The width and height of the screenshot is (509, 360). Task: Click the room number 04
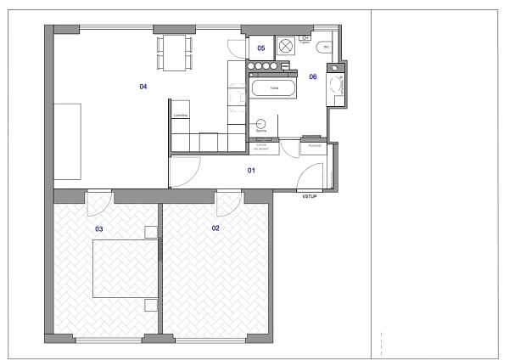coord(143,87)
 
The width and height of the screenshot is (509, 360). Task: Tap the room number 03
coord(98,228)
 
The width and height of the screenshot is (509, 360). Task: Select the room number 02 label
coord(215,228)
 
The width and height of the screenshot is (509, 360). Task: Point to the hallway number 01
coord(251,171)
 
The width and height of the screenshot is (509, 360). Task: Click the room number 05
coord(261,48)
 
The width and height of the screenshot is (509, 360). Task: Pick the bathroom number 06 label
coord(312,76)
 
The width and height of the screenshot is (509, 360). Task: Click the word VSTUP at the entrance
coord(310,197)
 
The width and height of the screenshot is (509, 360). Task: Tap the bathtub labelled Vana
coord(273,87)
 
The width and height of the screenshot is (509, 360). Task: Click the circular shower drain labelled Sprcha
coord(261,123)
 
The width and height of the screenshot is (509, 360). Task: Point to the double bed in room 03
coord(125,267)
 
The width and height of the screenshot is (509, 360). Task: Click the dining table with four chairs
coord(174,53)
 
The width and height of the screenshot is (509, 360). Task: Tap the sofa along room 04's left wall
coord(68,141)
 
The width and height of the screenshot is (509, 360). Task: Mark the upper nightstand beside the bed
coord(152,232)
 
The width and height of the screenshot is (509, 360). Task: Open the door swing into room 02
coord(227,204)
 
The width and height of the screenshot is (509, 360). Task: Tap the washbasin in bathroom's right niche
coord(338,85)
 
